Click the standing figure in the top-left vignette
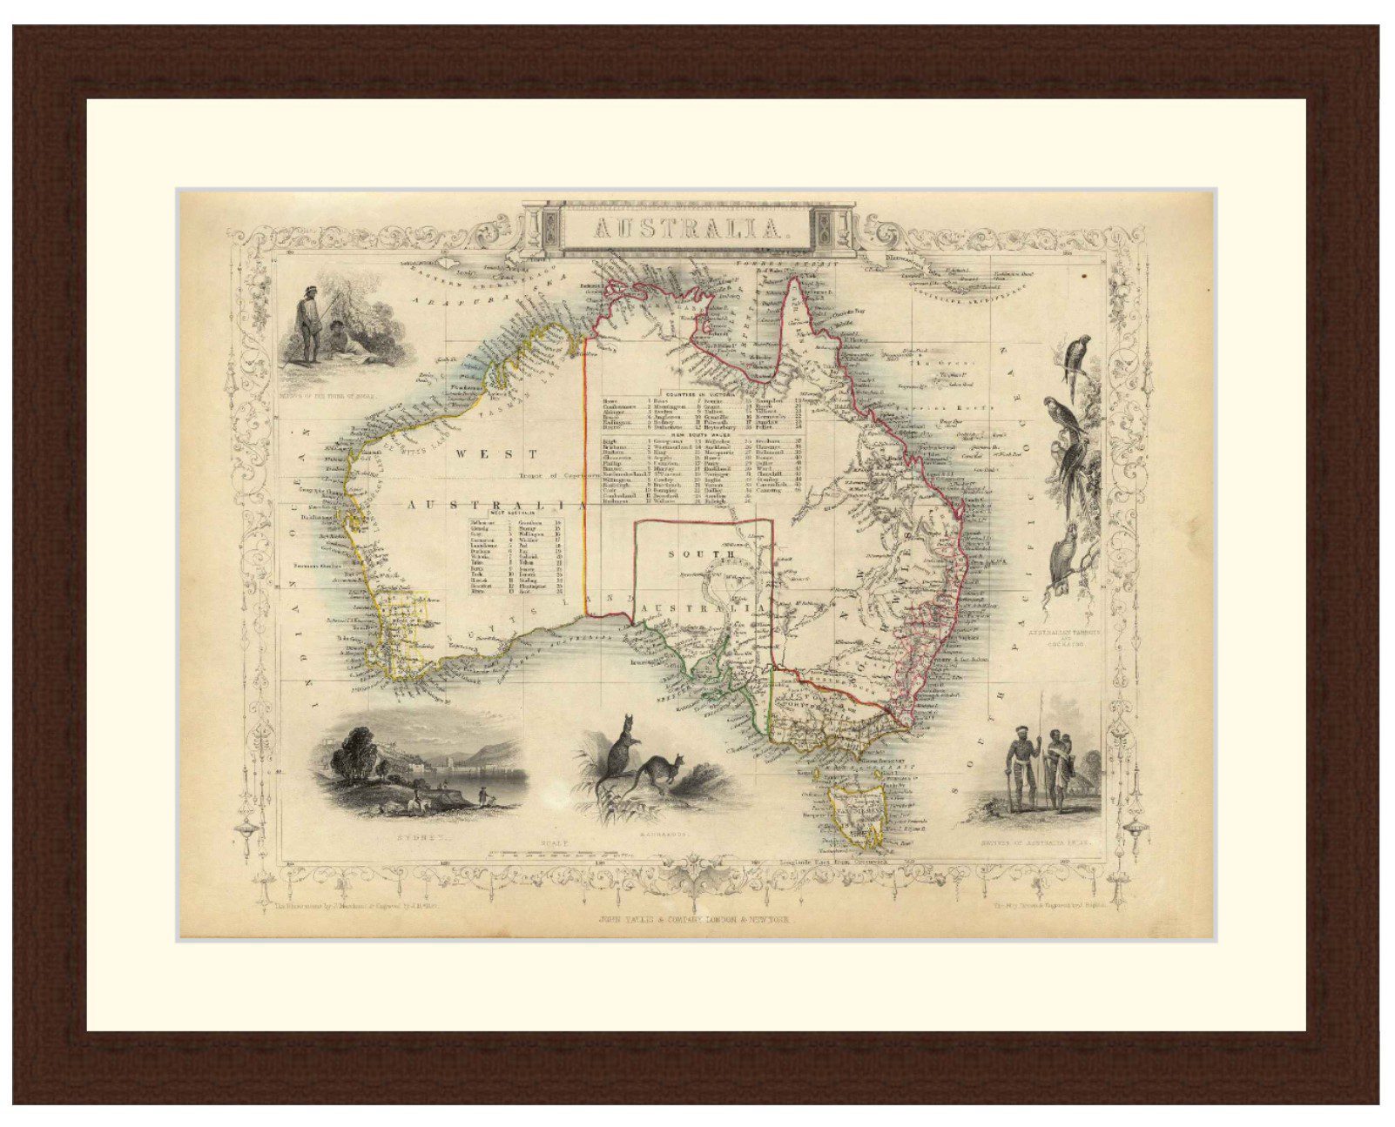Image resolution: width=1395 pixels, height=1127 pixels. (306, 326)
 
